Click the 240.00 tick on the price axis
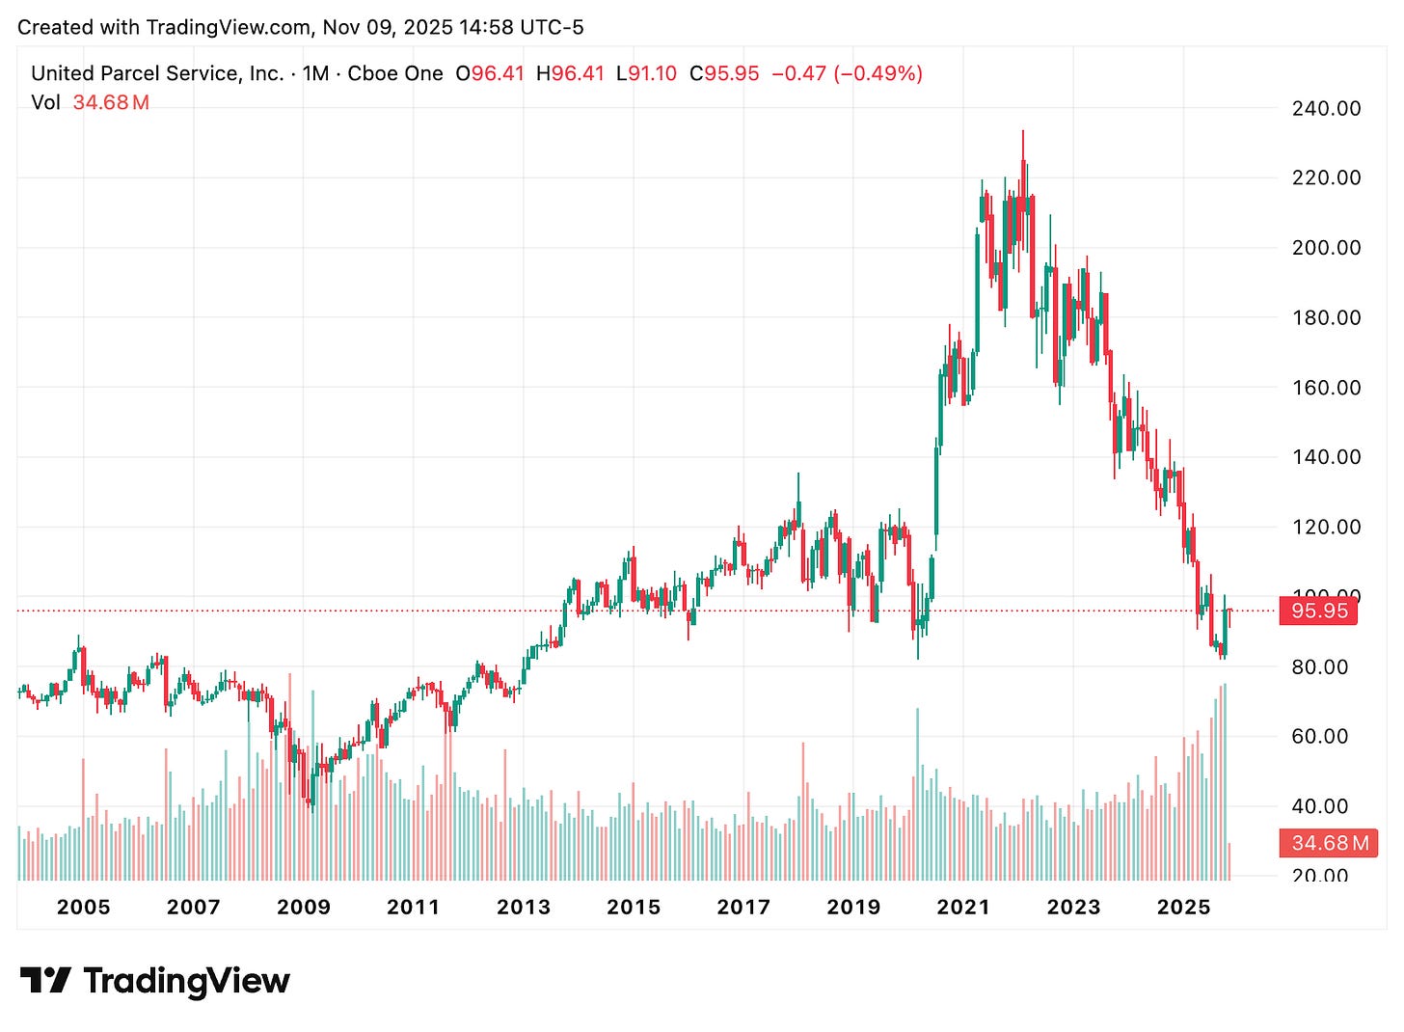click(1326, 108)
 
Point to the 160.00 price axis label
click(1326, 388)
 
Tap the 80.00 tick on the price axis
click(1319, 666)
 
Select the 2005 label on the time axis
click(83, 907)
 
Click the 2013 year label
click(523, 907)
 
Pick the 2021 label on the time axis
click(963, 907)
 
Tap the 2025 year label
click(1183, 907)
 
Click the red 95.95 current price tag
click(1318, 611)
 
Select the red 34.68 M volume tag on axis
click(1328, 843)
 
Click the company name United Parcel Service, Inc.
click(157, 73)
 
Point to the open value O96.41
click(490, 73)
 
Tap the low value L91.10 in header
click(646, 73)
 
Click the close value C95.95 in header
click(724, 73)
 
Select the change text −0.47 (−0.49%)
click(847, 73)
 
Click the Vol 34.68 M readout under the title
click(90, 102)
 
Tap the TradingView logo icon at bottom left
click(45, 981)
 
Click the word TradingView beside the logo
click(186, 981)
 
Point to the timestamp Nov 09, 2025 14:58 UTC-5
click(453, 27)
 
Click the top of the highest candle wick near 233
click(1023, 131)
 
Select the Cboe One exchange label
click(395, 73)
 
